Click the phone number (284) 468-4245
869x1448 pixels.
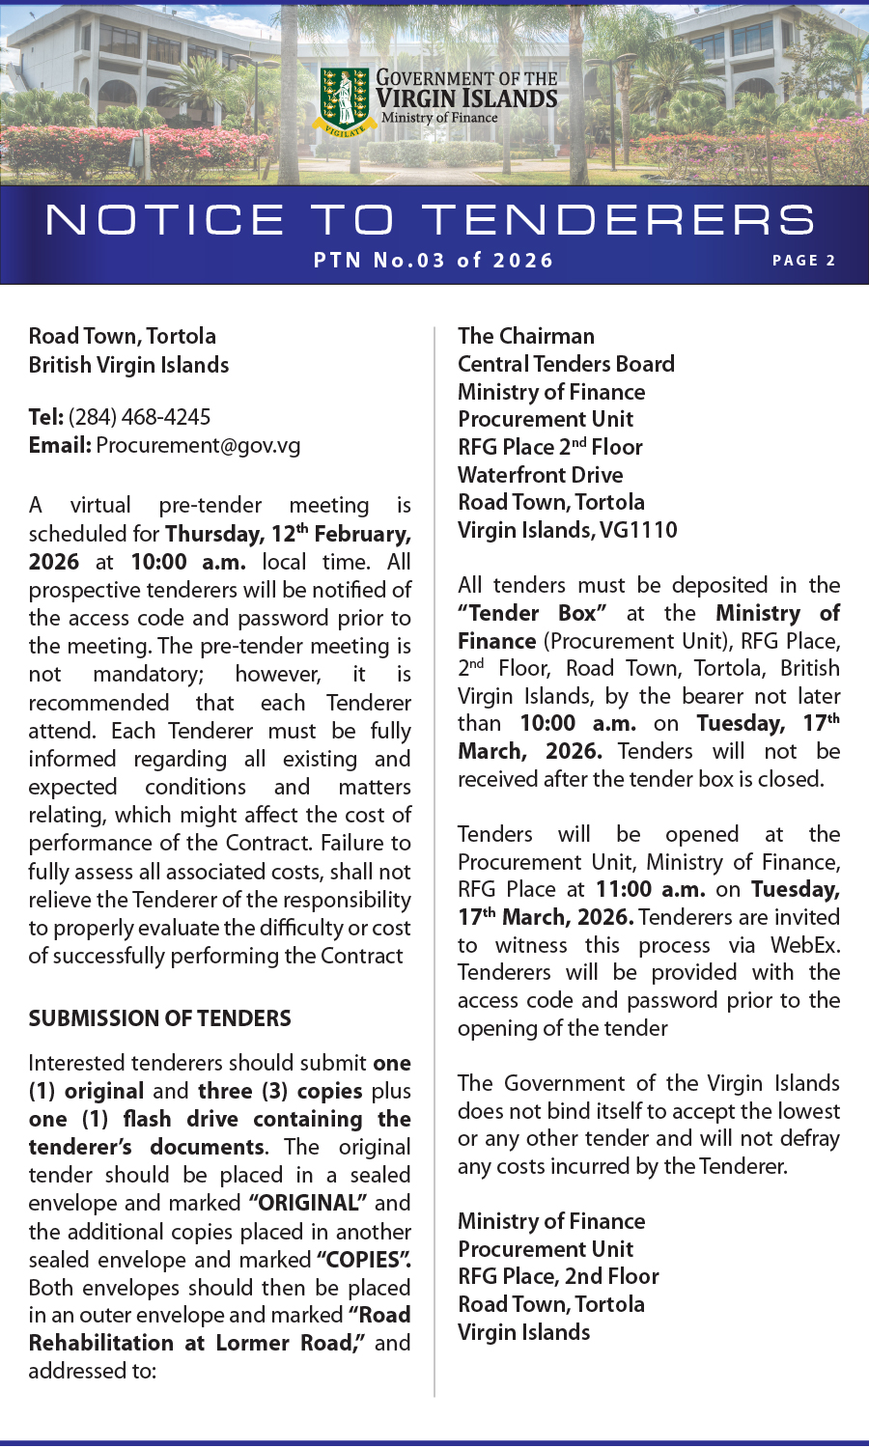(139, 417)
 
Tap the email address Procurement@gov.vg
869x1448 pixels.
(198, 445)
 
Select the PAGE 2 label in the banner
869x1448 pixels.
(803, 261)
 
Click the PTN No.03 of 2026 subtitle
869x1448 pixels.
(434, 261)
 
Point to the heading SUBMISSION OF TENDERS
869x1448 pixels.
(159, 1018)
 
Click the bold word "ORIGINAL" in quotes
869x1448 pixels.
(308, 1203)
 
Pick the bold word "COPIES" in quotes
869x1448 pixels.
(363, 1260)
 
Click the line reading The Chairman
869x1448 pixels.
(526, 336)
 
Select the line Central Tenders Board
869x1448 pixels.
(566, 364)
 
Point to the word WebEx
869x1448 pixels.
(804, 945)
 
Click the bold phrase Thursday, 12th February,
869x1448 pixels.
(288, 534)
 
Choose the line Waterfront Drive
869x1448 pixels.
(540, 475)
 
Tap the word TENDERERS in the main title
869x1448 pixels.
(619, 220)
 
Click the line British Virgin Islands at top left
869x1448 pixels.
(128, 365)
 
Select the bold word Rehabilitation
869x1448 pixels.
(101, 1343)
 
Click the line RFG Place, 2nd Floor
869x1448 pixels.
(558, 1276)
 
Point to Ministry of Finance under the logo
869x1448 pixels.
(439, 118)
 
